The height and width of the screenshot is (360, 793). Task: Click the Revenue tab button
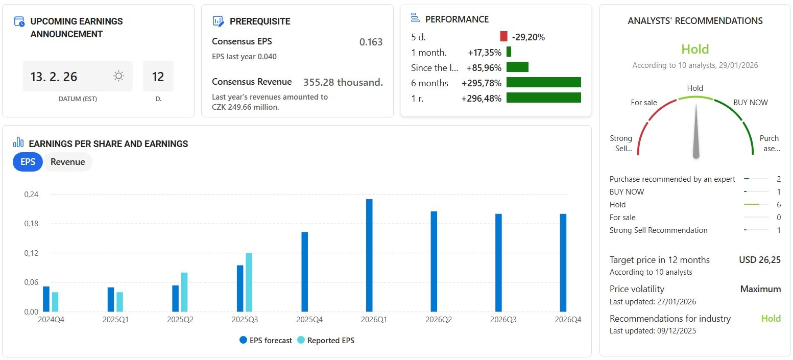point(67,162)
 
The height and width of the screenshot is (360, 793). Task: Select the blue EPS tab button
point(28,162)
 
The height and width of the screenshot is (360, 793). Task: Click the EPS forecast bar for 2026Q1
point(369,255)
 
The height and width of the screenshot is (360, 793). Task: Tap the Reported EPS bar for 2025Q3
point(249,282)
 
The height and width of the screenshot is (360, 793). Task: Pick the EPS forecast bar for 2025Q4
point(304,272)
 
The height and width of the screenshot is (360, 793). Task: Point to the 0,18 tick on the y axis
point(32,224)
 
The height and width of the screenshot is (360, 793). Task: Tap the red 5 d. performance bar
point(503,37)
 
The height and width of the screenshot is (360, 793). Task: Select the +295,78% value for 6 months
point(481,83)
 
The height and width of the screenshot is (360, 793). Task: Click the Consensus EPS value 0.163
point(371,42)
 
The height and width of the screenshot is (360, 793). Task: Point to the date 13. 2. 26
point(54,77)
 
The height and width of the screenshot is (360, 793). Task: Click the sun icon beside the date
point(118,77)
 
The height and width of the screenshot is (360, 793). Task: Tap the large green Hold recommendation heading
point(695,50)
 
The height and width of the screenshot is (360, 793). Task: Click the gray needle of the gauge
point(695,133)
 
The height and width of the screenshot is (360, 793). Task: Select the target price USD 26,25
point(759,260)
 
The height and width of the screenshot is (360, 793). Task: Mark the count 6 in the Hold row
point(778,205)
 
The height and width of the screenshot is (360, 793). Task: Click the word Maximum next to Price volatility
point(760,289)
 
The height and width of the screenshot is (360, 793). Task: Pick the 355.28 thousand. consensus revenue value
point(343,82)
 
